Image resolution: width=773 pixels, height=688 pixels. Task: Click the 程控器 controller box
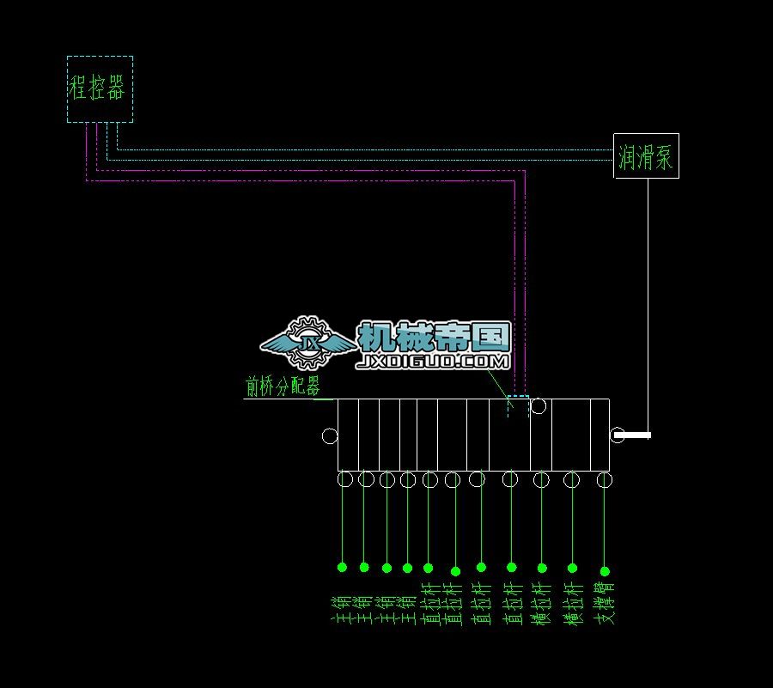click(x=100, y=89)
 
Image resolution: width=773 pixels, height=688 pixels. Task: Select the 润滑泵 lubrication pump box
click(x=646, y=156)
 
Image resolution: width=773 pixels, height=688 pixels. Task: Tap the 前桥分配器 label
click(x=283, y=387)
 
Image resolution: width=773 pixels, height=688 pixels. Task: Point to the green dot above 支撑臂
click(x=605, y=571)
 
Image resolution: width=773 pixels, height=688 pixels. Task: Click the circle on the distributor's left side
click(x=330, y=436)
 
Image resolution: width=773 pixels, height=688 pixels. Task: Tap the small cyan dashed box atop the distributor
click(x=518, y=405)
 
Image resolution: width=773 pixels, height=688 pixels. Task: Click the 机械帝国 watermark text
click(x=434, y=337)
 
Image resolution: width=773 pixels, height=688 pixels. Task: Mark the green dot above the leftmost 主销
click(x=342, y=567)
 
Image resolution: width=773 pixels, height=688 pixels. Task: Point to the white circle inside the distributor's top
click(x=538, y=406)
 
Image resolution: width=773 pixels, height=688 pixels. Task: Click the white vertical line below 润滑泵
click(x=648, y=301)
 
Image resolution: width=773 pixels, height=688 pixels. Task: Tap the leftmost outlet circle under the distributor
click(x=344, y=479)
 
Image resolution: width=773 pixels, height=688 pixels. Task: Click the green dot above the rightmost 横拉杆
click(x=573, y=568)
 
